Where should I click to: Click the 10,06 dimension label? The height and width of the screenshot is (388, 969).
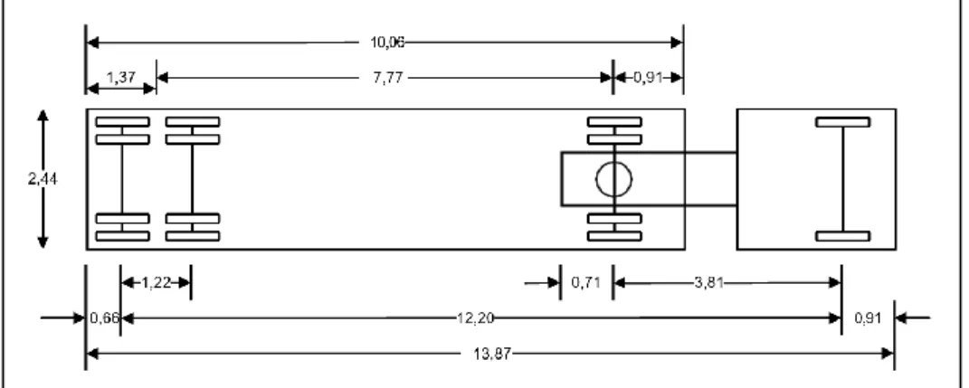point(387,43)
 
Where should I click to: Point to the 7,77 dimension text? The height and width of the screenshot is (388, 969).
point(387,78)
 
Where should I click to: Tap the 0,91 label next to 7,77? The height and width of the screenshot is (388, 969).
point(648,78)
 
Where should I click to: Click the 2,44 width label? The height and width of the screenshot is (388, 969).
point(43,179)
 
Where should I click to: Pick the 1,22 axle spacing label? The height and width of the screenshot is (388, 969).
point(156,283)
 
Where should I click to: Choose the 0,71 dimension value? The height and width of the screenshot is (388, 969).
point(586,283)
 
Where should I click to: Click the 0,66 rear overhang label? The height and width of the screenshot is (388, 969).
point(103,318)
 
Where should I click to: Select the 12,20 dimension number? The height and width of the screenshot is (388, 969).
point(475,318)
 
